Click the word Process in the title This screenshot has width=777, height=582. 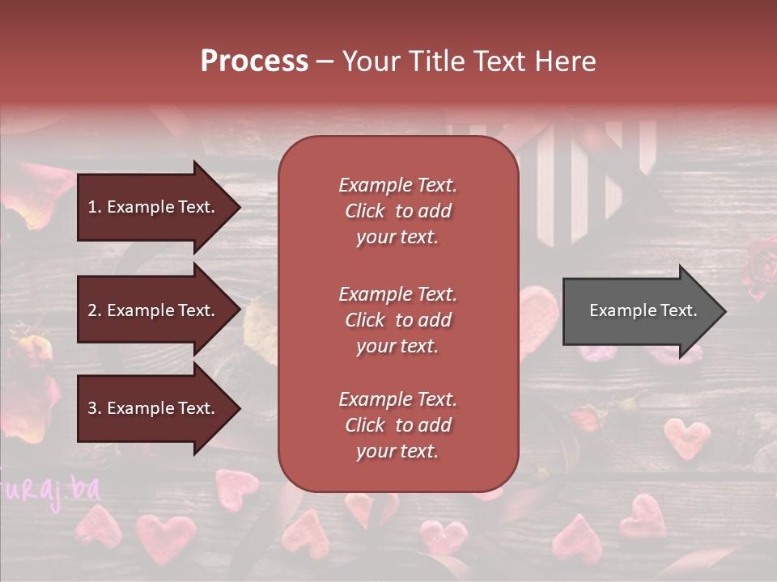(x=254, y=61)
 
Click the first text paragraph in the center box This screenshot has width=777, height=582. (x=397, y=211)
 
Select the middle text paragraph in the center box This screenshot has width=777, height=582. (x=397, y=320)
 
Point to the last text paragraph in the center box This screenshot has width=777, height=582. (x=397, y=425)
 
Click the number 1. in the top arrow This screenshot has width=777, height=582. (x=95, y=207)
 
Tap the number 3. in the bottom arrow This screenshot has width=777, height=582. (x=95, y=408)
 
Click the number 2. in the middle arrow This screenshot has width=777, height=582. (x=95, y=310)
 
